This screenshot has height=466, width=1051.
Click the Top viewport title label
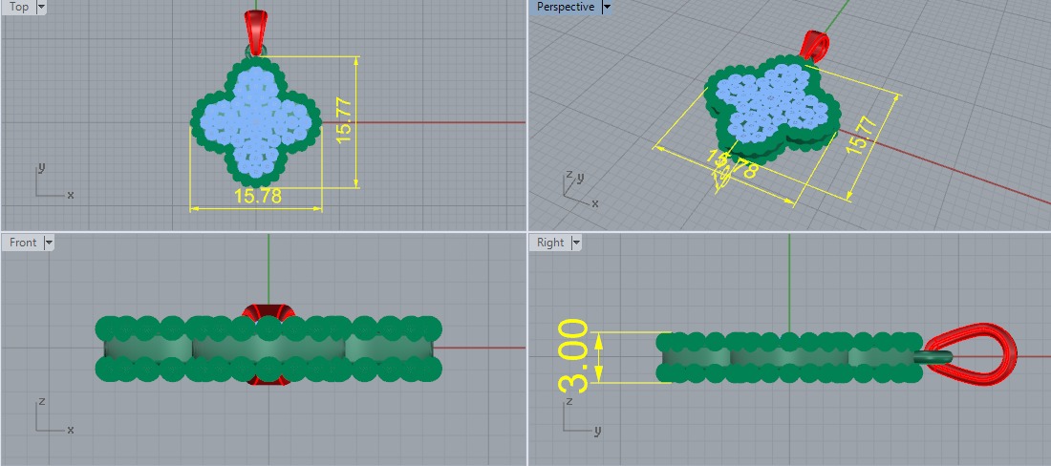(19, 7)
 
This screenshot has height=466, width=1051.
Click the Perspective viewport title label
(565, 7)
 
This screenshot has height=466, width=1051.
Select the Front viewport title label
(23, 243)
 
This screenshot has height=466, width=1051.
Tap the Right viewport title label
(550, 243)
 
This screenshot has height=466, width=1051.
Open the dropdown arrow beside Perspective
(607, 7)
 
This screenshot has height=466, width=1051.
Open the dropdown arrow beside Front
(49, 243)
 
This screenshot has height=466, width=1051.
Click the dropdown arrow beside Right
(576, 243)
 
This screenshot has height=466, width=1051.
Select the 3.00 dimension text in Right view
(573, 356)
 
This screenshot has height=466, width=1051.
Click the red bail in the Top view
(255, 32)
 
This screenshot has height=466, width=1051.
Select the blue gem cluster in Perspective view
(769, 100)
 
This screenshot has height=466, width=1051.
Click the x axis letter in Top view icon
(71, 195)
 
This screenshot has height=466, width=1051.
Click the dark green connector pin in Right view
(933, 356)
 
